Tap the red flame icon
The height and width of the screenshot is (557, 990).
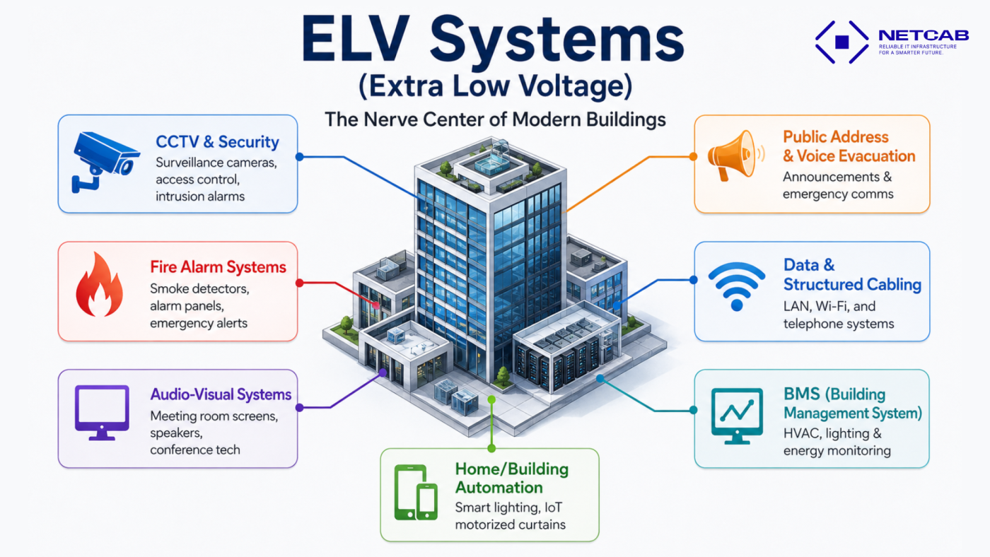click(100, 284)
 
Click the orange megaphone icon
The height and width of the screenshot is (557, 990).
click(735, 155)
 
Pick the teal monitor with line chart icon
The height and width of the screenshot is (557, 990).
click(737, 416)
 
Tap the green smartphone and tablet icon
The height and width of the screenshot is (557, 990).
click(416, 492)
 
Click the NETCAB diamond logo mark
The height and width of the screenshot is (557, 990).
click(842, 42)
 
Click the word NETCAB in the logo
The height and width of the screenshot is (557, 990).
click(924, 35)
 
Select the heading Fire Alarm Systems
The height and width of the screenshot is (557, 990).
click(218, 266)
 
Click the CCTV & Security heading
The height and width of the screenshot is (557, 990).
click(217, 142)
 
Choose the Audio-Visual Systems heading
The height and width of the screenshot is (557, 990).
click(221, 394)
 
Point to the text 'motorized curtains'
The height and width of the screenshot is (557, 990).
click(510, 524)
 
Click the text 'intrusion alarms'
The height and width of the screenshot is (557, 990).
click(199, 196)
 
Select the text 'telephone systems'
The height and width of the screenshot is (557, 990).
click(839, 324)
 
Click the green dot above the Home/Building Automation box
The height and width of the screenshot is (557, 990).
click(491, 400)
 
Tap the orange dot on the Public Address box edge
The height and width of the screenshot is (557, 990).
click(693, 156)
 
